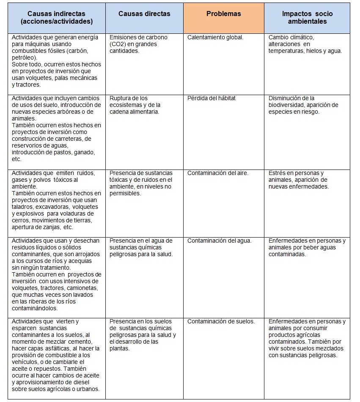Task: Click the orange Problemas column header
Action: click(x=223, y=14)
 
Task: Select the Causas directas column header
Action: click(x=144, y=14)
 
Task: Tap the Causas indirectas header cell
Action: click(x=57, y=17)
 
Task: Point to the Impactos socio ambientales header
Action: click(x=307, y=17)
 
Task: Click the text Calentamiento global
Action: click(x=215, y=37)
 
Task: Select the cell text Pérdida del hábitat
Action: click(x=212, y=98)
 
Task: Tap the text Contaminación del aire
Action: click(x=218, y=173)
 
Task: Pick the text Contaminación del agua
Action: click(x=219, y=241)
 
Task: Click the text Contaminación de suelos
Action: click(x=221, y=321)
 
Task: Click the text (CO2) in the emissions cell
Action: click(x=118, y=44)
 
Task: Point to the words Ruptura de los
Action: click(x=129, y=98)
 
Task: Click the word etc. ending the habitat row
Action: click(x=16, y=159)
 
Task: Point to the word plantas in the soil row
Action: click(x=119, y=348)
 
